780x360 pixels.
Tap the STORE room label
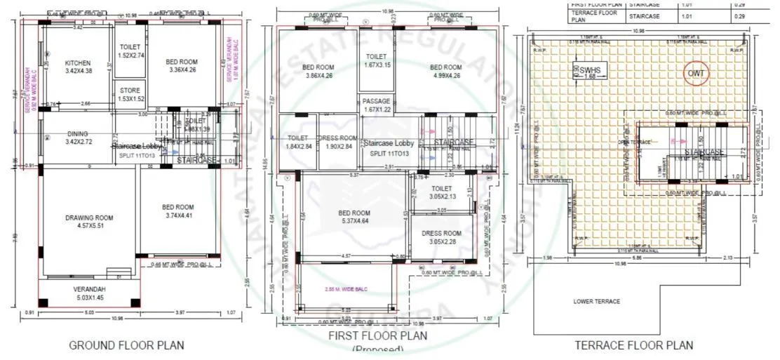[x=129, y=91]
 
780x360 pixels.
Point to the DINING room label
[x=78, y=133]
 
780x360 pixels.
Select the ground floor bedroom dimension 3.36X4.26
[x=182, y=70]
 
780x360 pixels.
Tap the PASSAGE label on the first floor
[x=376, y=101]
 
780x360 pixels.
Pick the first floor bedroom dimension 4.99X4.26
[x=446, y=76]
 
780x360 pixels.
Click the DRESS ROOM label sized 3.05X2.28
[x=441, y=233]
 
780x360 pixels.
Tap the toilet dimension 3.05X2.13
[x=441, y=198]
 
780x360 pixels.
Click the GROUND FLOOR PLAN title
[x=126, y=345]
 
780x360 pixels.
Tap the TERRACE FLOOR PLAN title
[x=633, y=345]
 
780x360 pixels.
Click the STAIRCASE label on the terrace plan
[x=704, y=152]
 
